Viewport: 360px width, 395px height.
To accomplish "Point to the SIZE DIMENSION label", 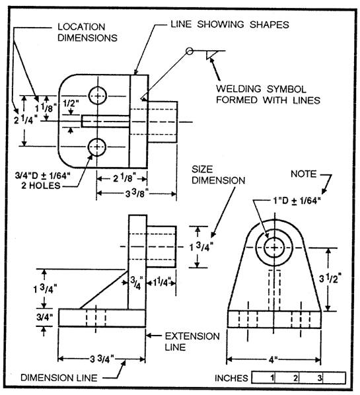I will [217, 174].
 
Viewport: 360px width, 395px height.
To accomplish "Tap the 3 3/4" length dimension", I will [101, 359].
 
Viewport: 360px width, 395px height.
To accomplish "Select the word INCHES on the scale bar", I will [231, 378].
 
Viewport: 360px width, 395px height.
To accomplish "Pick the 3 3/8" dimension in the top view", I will [136, 192].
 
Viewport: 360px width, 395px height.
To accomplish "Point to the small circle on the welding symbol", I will [190, 51].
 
